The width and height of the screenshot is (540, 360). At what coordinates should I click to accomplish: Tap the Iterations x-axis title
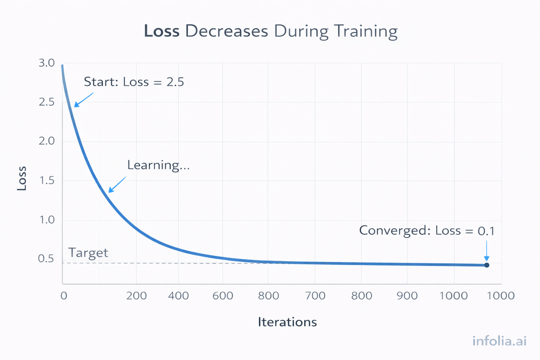coord(287,322)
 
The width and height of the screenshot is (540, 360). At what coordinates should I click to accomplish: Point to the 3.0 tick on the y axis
coord(47,63)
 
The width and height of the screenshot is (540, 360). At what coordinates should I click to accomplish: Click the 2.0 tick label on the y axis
coord(47,141)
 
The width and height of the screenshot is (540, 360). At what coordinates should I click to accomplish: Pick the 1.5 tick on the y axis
coord(47,181)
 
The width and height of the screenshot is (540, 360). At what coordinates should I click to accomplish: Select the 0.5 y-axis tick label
coord(47,259)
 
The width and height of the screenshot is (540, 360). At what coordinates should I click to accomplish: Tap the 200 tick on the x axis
coord(136,296)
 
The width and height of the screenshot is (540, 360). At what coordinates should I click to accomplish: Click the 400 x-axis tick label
coord(178,296)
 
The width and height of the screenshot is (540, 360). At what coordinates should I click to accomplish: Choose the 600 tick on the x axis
coord(223,296)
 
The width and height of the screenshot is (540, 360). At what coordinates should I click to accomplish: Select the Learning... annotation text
coord(158,165)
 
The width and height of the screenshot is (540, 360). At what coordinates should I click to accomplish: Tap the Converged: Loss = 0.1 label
coord(427,230)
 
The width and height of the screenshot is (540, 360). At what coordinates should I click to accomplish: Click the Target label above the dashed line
coord(89,253)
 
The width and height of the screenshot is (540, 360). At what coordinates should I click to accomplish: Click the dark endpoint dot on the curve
coord(487,265)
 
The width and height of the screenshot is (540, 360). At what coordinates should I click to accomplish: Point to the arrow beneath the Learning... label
coord(117,184)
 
